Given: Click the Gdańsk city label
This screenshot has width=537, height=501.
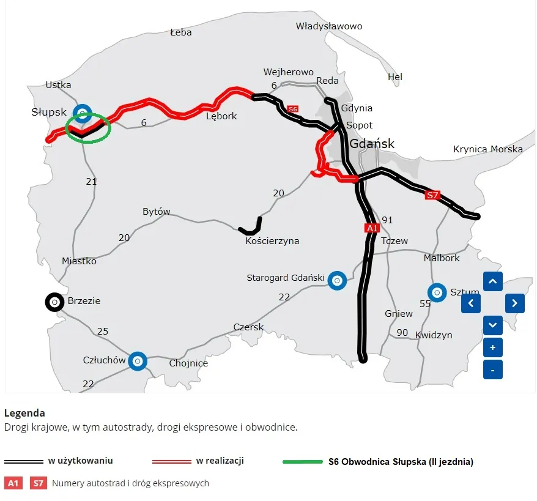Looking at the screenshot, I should (372, 144).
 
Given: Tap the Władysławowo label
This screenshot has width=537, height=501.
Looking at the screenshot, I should (329, 26).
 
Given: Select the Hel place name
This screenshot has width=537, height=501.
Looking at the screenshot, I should (395, 77).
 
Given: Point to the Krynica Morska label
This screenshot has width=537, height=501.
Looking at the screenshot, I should (487, 149).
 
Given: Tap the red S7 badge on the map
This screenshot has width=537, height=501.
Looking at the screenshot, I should (433, 195).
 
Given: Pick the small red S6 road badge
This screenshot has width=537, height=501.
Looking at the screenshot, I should (292, 108).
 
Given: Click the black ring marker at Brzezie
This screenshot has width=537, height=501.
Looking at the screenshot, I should (54, 302).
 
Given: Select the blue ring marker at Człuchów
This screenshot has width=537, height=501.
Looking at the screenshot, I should (138, 361).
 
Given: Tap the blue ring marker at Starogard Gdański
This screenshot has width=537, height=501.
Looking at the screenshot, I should (336, 280).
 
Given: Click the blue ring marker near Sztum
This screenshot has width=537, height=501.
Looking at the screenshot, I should (437, 293).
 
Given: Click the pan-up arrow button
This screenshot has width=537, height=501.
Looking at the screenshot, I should (493, 281).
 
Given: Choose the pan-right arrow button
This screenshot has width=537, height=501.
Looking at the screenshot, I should (514, 303).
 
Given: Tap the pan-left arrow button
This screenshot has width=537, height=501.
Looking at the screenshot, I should (471, 303).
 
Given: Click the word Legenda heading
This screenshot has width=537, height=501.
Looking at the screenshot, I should (24, 413).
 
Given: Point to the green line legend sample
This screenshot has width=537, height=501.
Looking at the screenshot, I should (302, 461).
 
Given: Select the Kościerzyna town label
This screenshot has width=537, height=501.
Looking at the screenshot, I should (272, 241).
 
